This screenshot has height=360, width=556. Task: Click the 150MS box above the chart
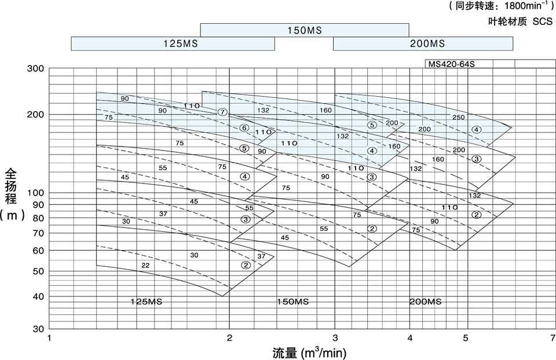click(305, 30)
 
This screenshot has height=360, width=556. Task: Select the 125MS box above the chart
click(173, 43)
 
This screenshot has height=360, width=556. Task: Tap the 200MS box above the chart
click(423, 43)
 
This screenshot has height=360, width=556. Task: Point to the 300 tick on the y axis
click(35, 68)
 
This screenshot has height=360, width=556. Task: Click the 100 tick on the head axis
click(35, 193)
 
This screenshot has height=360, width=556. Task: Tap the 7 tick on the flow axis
click(553, 337)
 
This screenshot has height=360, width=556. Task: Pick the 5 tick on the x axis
click(466, 337)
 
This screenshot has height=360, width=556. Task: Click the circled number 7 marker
click(222, 112)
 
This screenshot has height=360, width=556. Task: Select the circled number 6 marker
click(244, 128)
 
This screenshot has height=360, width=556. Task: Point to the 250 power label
click(458, 117)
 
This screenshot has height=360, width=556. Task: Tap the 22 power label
click(145, 266)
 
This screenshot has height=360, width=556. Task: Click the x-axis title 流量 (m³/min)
click(309, 353)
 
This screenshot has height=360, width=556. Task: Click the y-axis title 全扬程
click(11, 186)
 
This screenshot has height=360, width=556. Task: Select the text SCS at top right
click(543, 21)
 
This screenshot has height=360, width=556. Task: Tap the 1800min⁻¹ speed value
click(523, 6)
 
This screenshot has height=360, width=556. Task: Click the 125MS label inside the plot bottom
click(147, 302)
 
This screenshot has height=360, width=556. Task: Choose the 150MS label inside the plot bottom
click(292, 302)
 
